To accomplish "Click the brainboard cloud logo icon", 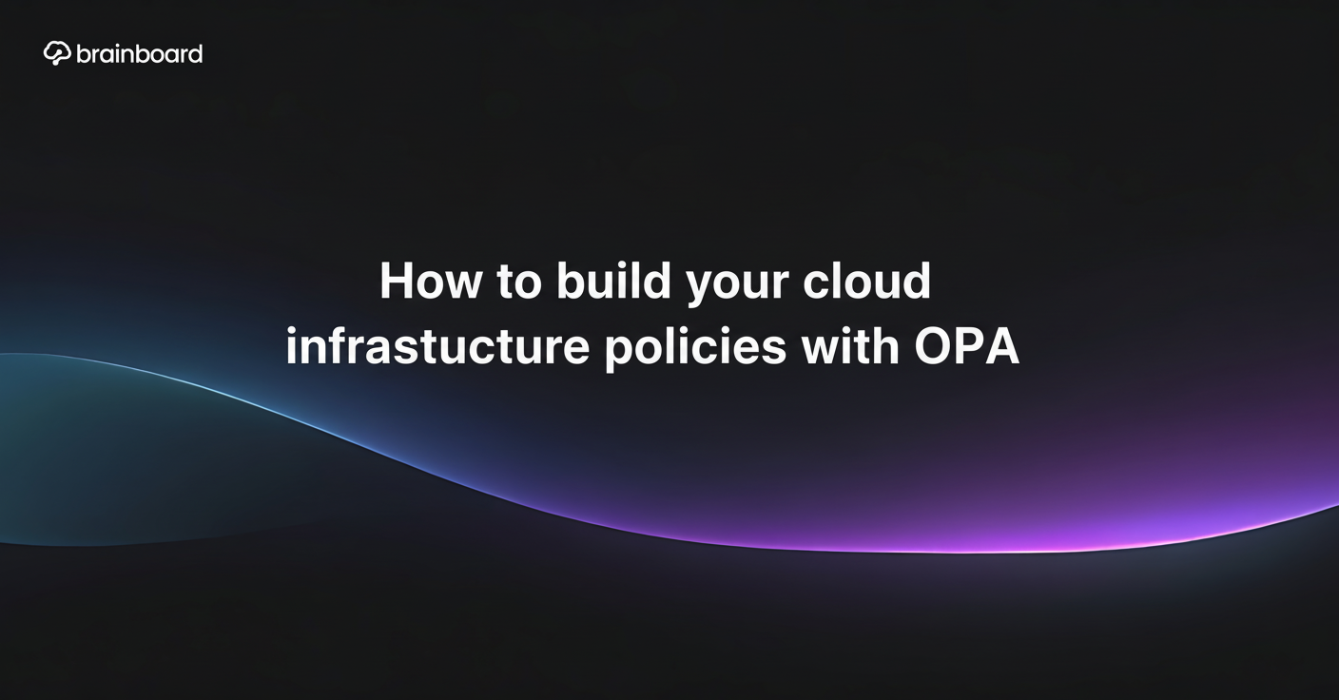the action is [57, 53].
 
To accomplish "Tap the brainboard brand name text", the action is [139, 54].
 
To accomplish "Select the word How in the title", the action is [431, 281].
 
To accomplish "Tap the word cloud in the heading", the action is [866, 281].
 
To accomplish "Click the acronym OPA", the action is [966, 346].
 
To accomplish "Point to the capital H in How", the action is [397, 281].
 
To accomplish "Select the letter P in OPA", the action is [969, 346].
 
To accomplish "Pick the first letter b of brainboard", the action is [83, 54].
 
